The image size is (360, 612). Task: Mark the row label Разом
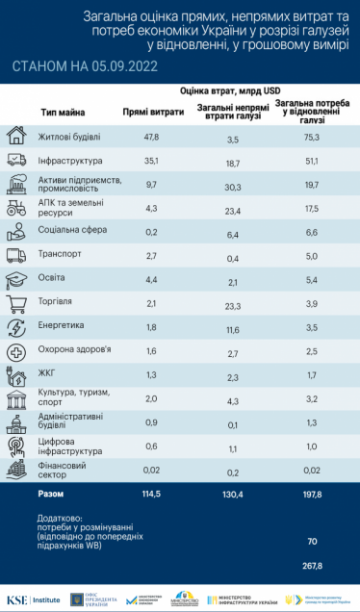tap(52, 494)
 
